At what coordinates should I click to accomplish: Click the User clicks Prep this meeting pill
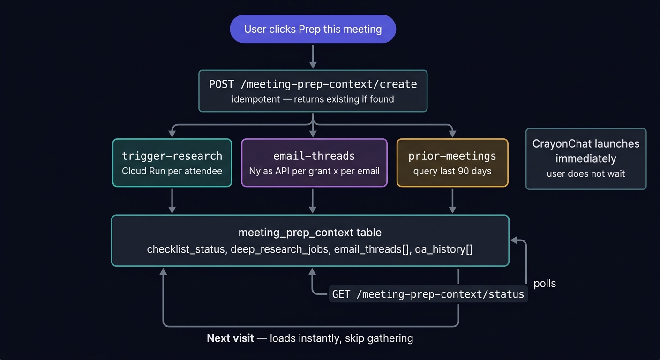pyautogui.click(x=313, y=29)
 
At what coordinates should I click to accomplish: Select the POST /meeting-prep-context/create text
pyautogui.click(x=313, y=84)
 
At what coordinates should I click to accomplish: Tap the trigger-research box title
pyautogui.click(x=172, y=156)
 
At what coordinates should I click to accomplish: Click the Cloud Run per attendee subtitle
pyautogui.click(x=172, y=171)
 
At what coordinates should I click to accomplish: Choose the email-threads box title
pyautogui.click(x=314, y=156)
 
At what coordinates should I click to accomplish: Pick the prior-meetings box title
pyautogui.click(x=452, y=156)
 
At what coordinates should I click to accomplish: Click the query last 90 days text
pyautogui.click(x=452, y=171)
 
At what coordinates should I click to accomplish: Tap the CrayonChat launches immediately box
pyautogui.click(x=586, y=158)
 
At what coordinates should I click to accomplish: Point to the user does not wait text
pyautogui.click(x=586, y=174)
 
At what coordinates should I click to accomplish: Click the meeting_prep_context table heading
pyautogui.click(x=310, y=232)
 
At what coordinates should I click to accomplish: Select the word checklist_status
pyautogui.click(x=187, y=249)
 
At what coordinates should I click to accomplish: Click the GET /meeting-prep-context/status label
pyautogui.click(x=428, y=294)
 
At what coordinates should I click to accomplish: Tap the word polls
pyautogui.click(x=545, y=284)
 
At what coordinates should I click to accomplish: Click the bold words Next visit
pyautogui.click(x=230, y=338)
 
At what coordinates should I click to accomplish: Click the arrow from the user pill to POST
pyautogui.click(x=313, y=56)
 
